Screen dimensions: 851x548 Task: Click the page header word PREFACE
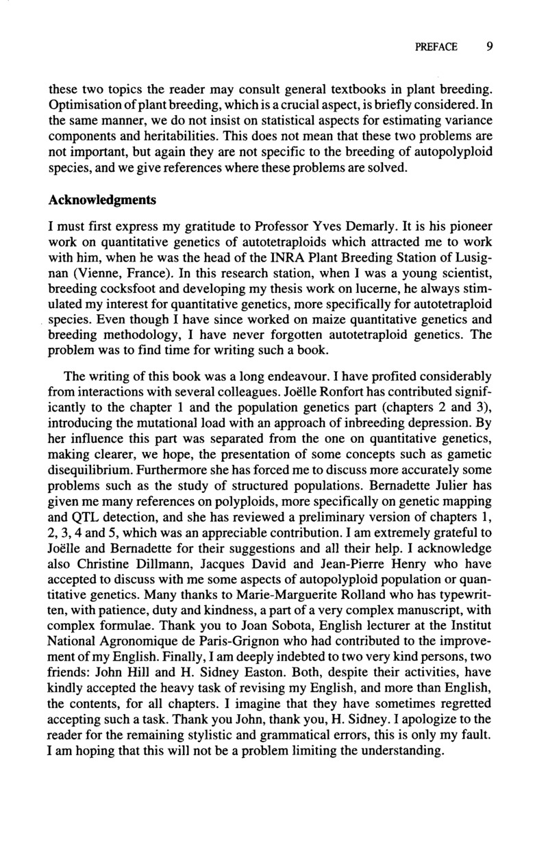(x=436, y=47)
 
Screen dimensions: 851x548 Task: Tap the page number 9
(x=490, y=47)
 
